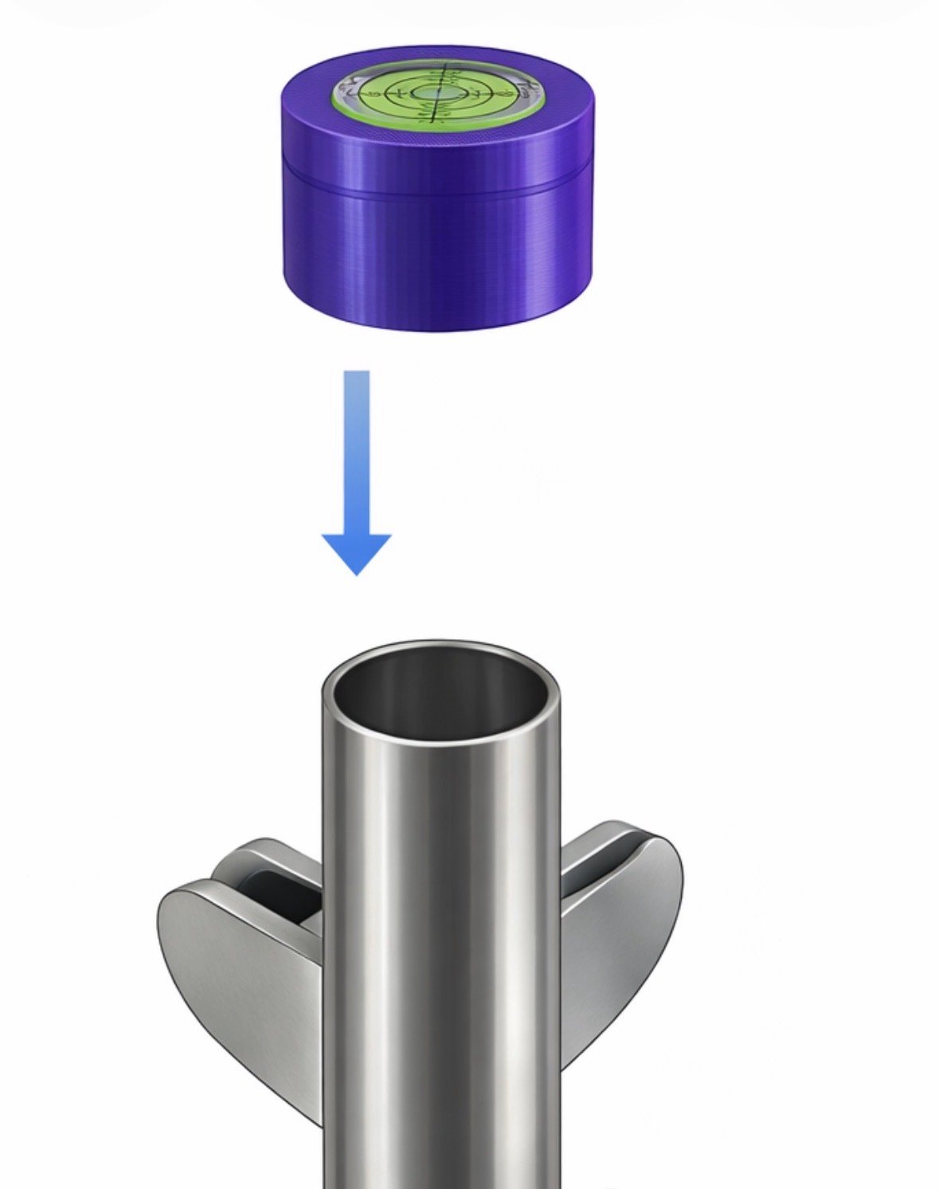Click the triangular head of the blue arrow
point(356,551)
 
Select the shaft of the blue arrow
point(356,446)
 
